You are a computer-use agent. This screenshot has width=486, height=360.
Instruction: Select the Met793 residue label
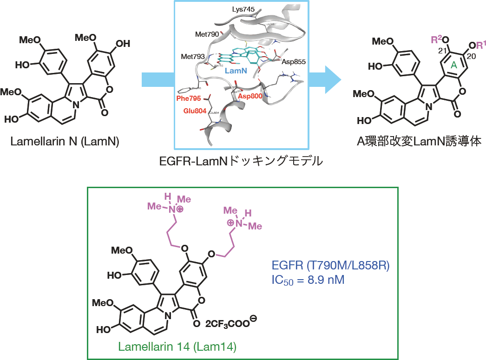click(x=193, y=57)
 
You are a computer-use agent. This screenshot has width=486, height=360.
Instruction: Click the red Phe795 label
click(x=189, y=98)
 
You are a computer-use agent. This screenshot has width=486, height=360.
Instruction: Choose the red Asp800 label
click(x=250, y=95)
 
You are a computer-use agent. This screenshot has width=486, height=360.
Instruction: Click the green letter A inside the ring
click(x=454, y=66)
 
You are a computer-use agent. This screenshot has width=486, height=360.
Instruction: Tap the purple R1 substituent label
click(x=477, y=45)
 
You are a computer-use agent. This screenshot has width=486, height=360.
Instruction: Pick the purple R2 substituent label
click(x=437, y=39)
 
